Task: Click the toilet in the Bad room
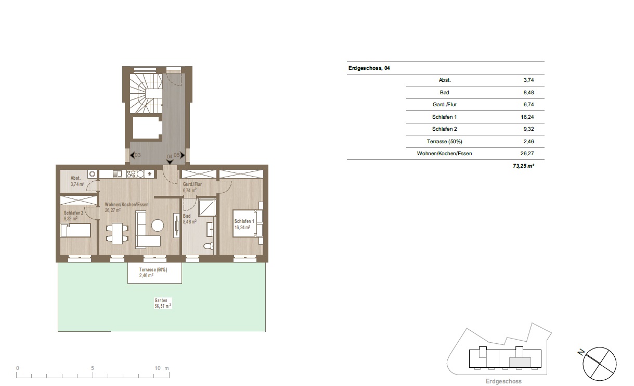pos(209,246)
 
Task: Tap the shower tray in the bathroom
pos(207,207)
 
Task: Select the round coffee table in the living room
pos(158,226)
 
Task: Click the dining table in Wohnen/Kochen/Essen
pos(117,233)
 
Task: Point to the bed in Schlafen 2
pos(75,230)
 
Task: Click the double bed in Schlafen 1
pos(245,223)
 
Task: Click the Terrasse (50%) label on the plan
pos(153,270)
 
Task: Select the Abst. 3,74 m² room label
pos(77,181)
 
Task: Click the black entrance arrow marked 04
pos(170,162)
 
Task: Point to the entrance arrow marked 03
pos(132,155)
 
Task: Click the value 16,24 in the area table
pos(527,117)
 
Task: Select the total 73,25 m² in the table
pos(523,166)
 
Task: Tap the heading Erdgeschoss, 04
pos(369,68)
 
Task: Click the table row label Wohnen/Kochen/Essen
pos(444,154)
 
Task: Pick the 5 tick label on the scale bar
pos(92,368)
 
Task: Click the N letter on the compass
pos(581,352)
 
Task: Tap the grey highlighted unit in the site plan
pos(520,363)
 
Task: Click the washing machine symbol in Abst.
pos(92,174)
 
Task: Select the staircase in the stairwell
pos(146,93)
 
